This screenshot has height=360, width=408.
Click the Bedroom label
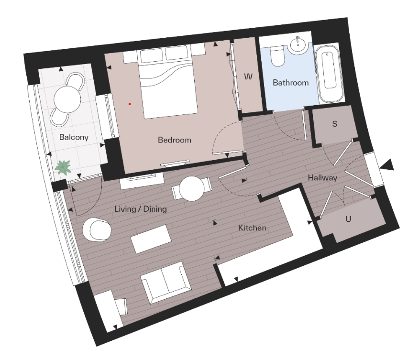coord(174,140)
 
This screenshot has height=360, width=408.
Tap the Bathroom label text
coord(290,83)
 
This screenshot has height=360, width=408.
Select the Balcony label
coord(74,137)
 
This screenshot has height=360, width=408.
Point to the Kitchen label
coord(252,228)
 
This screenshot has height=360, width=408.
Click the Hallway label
coord(322,177)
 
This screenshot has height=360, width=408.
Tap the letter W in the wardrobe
coord(248,77)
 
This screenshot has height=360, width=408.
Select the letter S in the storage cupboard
coord(335,124)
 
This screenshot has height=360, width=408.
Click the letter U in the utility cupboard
coord(348,219)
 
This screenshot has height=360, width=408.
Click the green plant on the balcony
coord(63,167)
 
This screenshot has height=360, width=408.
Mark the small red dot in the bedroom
coord(129,103)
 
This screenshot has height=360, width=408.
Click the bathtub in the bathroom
coord(330,74)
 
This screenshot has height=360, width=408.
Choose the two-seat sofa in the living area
coord(164,282)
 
